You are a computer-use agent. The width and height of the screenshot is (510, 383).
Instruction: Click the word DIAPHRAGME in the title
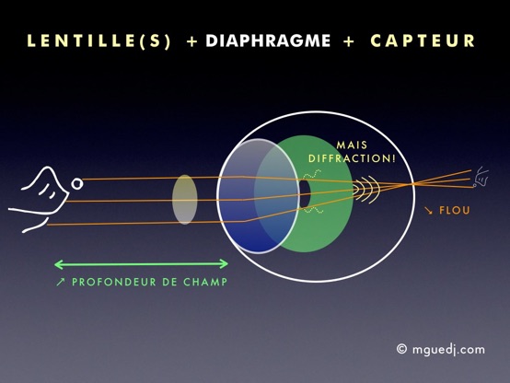268,41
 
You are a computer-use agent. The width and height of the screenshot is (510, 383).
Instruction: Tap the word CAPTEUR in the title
423,41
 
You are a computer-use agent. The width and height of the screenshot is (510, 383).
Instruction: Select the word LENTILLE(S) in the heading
99,41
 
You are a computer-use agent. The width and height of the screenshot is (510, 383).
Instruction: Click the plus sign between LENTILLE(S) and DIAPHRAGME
192,41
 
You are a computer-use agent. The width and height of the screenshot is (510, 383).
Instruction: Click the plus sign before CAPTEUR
349,41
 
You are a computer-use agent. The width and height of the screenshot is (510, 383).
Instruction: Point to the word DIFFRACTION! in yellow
352,158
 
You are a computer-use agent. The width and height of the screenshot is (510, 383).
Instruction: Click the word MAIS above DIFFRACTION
352,145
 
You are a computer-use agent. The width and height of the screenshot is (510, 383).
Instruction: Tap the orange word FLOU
455,210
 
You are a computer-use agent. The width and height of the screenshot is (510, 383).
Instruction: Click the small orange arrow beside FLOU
429,211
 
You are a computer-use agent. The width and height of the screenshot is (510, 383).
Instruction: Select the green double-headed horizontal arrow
141,264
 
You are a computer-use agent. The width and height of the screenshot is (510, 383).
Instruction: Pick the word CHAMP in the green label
205,282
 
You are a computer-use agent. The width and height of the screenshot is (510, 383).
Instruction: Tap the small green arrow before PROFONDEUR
61,282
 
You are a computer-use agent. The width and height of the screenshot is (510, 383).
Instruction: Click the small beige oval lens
184,200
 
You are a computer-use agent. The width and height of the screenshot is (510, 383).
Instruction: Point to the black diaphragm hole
304,194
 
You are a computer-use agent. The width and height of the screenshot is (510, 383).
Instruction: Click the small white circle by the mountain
77,184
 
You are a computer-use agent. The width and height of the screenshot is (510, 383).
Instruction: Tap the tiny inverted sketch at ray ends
481,177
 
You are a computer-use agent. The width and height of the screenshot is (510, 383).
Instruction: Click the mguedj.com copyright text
448,350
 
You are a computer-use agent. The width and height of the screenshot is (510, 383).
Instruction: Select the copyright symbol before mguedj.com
401,349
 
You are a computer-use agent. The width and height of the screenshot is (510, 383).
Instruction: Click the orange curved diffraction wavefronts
367,189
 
